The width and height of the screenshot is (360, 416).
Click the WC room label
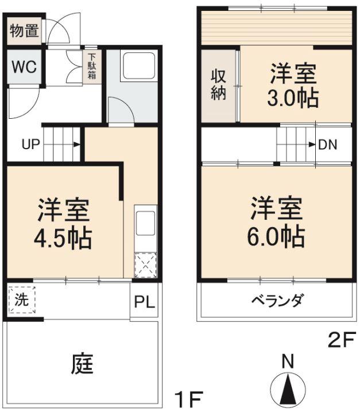[x=24, y=66]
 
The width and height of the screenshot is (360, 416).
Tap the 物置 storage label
[x=25, y=31]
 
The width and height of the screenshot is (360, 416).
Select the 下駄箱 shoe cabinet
[x=92, y=68]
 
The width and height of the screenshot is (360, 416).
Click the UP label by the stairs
[x=30, y=144]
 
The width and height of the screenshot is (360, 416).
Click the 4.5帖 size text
[x=64, y=237]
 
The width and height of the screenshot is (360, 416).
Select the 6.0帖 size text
[x=276, y=236]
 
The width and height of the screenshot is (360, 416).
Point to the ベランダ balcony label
[x=277, y=300]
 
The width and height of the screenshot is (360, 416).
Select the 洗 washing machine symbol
[x=22, y=299]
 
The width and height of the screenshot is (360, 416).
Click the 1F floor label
[x=189, y=397]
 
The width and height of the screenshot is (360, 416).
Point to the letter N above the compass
[x=288, y=361]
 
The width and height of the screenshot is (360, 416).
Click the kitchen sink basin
[x=145, y=221]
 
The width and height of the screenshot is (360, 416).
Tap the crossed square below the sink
[x=144, y=265]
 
